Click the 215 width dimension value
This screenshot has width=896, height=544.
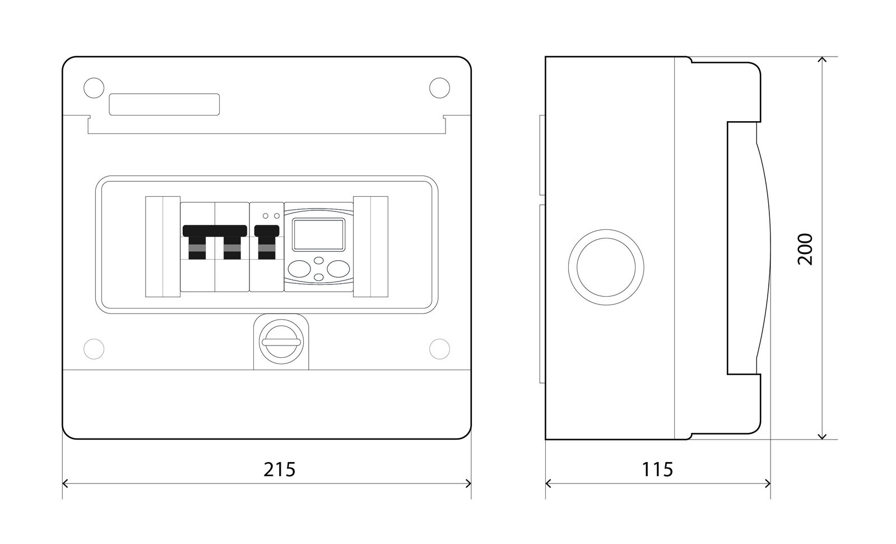[279, 469]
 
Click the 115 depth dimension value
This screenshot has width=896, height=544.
[657, 469]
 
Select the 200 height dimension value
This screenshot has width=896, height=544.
[805, 249]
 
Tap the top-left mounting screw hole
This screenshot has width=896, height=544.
[94, 88]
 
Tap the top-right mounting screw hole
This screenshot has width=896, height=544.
[440, 88]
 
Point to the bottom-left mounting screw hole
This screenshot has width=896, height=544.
[94, 349]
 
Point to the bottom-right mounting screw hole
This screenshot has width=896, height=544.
[440, 349]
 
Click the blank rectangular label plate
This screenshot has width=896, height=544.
[164, 104]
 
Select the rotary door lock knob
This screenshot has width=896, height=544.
[281, 342]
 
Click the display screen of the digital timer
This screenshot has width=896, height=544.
[318, 234]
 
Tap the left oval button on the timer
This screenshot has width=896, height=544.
[299, 269]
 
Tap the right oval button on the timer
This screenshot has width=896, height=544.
[338, 269]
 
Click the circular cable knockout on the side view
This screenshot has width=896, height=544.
[606, 268]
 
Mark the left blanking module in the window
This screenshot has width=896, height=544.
[163, 247]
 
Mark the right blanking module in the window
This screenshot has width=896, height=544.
[371, 247]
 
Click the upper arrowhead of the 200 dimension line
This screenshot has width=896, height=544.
[822, 59]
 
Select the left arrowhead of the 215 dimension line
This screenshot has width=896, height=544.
[65, 483]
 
